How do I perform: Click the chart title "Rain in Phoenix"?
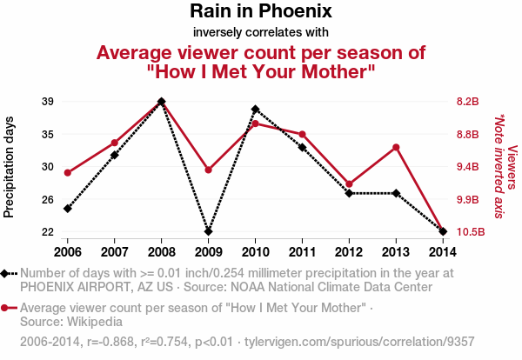click(x=260, y=12)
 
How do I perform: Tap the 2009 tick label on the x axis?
click(x=208, y=251)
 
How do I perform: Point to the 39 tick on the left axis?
click(x=49, y=102)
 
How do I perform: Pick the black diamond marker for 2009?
click(x=208, y=232)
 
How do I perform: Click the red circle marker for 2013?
click(x=396, y=147)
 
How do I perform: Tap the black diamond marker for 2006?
click(x=68, y=209)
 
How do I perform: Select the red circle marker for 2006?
click(x=68, y=172)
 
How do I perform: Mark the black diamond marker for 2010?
click(x=255, y=110)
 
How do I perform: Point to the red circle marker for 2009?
click(x=208, y=170)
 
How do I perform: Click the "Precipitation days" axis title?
click(x=10, y=166)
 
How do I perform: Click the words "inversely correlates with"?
click(x=260, y=33)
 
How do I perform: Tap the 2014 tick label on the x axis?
click(x=443, y=251)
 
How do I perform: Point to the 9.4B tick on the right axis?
click(x=468, y=167)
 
